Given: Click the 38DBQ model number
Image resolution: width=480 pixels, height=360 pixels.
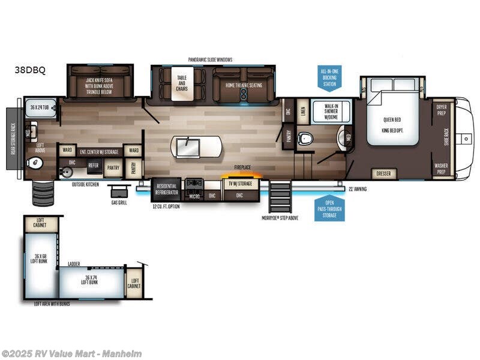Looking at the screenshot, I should pos(30,70).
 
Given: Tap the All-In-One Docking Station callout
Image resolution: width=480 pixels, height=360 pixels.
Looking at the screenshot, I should pos(329,78).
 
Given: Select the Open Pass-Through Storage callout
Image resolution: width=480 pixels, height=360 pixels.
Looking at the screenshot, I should pos(329,208).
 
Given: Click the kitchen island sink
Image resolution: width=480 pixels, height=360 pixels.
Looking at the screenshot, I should pos(186,145).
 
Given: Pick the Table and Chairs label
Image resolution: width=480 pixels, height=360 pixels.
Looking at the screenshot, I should pos(182,81).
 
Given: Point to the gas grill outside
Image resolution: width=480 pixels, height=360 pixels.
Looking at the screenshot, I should pos(119,191).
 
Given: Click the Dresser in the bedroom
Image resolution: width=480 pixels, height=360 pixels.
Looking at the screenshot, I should pos(383,174).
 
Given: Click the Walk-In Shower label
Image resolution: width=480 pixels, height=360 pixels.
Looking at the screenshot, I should pos(325,112).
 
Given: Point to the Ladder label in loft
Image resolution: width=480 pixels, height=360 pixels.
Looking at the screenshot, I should pos(74,263).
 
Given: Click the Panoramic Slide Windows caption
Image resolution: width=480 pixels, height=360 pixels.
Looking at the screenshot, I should pos(210,59).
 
